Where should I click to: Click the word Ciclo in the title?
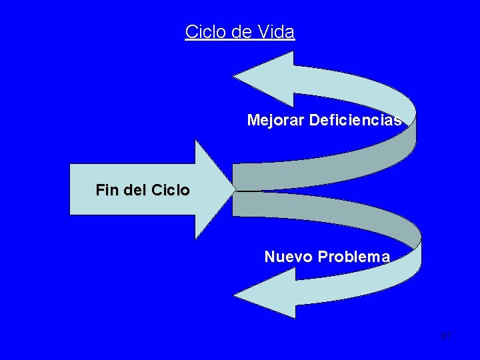[x=205, y=31]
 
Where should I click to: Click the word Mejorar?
[x=275, y=120]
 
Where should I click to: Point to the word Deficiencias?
[x=355, y=120]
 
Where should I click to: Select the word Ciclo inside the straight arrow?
[x=171, y=190]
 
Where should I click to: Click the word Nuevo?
[x=288, y=257]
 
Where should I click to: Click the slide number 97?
[x=446, y=336]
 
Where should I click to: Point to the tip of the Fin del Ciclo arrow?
[x=233, y=189]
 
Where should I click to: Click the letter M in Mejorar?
[x=253, y=120]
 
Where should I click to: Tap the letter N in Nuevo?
[x=269, y=257]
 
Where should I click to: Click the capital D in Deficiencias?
[x=314, y=120]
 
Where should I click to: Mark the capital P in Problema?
[x=323, y=257]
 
